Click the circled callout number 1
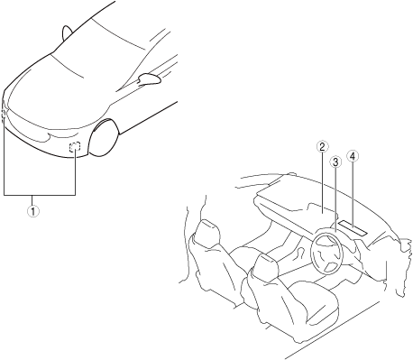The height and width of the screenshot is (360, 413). pos(33,211)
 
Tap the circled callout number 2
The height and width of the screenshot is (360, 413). pos(322,147)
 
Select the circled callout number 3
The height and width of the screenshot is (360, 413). pos(335,162)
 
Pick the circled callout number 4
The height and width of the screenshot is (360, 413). pos(353,156)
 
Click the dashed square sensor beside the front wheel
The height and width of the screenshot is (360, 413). pos(75,146)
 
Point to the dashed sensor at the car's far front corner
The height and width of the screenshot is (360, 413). pos(3,115)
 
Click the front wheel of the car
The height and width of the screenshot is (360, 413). pos(104,138)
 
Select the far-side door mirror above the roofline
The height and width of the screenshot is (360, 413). pos(67,32)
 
